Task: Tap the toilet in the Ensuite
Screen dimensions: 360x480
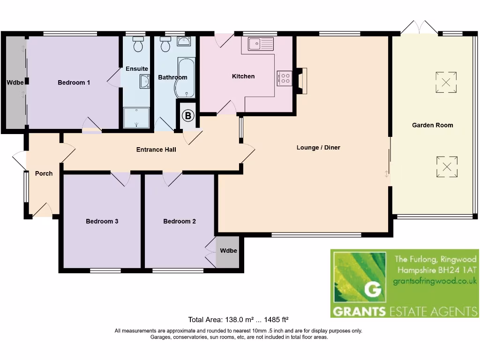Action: click(138, 45)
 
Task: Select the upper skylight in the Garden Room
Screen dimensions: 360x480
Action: click(446, 82)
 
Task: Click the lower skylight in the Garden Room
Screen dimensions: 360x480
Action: click(447, 166)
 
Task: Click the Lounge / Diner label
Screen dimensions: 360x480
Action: click(318, 148)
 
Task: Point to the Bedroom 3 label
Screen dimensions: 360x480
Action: click(102, 221)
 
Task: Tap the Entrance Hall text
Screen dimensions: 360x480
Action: click(156, 150)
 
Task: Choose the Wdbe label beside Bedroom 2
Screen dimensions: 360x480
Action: click(228, 251)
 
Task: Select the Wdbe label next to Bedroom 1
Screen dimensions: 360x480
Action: click(15, 83)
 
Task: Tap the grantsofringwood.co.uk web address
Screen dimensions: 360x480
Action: click(435, 281)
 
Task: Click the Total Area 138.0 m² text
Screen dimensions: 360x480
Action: click(241, 320)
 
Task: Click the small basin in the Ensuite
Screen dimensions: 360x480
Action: click(145, 82)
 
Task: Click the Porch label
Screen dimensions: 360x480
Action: click(44, 173)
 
